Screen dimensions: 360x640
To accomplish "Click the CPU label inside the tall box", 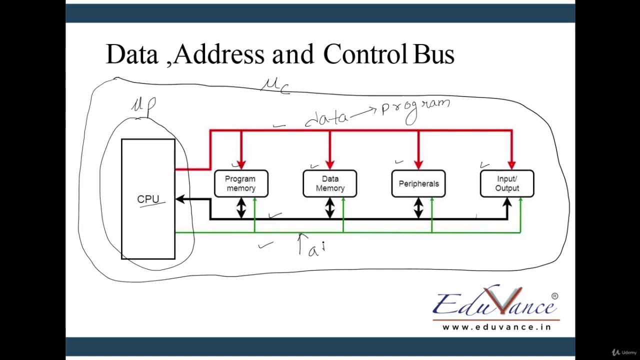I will point(148,199).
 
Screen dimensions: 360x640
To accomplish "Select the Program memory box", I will point(241,183).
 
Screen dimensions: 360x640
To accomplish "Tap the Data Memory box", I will point(329,183).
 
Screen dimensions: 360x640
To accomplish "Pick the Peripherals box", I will point(418,183).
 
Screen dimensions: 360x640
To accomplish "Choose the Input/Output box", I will point(507,183).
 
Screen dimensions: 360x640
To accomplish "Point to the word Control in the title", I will point(365,54).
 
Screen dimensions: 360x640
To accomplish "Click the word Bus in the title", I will point(433,54).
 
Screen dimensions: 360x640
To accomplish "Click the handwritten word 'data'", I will point(326,118).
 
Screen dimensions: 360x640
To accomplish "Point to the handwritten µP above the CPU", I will point(144,105).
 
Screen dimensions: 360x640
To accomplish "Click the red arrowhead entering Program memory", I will point(241,164).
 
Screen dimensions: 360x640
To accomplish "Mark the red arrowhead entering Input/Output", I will point(511,164).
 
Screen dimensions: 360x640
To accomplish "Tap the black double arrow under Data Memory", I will point(329,207).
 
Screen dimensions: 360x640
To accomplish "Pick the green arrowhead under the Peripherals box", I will point(432,201).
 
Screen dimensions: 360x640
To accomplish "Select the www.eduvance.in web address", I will point(496,327).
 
